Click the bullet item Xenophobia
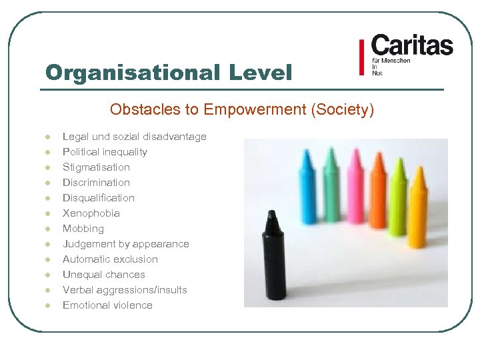(91, 213)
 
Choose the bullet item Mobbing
(83, 229)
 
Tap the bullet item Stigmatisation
(96, 167)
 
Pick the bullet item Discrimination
(96, 183)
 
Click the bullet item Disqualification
(99, 198)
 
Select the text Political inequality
(105, 152)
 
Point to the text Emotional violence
(107, 305)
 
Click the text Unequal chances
(103, 275)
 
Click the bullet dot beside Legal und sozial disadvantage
(47, 137)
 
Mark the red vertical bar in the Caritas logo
(362, 57)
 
